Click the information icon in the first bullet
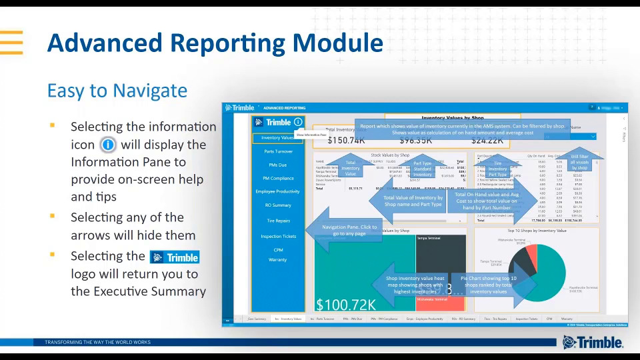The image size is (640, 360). tap(108, 145)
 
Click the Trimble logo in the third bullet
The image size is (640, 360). tap(175, 257)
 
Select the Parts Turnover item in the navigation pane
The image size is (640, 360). tap(277, 151)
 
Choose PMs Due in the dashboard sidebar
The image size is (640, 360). tap(277, 165)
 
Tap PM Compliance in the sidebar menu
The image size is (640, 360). tap(277, 178)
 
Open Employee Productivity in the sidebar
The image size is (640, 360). tap(277, 191)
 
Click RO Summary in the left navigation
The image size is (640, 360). tap(277, 205)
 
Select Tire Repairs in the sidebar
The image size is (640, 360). tap(277, 220)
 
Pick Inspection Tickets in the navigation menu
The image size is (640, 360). tap(278, 236)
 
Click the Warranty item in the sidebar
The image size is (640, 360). tap(277, 259)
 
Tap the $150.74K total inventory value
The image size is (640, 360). tap(346, 141)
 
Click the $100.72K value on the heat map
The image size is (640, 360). tap(346, 305)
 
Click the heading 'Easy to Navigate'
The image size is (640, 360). tap(117, 90)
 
